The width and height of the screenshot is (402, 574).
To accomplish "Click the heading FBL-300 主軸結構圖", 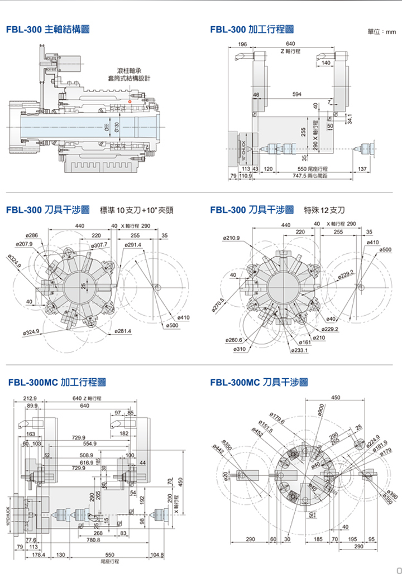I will click(x=48, y=30).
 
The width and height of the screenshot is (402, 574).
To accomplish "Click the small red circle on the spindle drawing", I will click(x=130, y=102).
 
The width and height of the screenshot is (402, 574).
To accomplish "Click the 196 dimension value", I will click(x=243, y=44).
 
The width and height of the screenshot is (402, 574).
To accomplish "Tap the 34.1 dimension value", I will click(x=349, y=119).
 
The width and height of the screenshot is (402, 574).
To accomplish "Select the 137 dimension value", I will click(x=362, y=168).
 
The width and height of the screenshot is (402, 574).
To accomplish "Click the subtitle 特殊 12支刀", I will click(x=324, y=210).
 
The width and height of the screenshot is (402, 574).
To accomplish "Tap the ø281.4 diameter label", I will click(x=122, y=331).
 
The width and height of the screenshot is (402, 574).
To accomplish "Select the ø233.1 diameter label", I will click(x=299, y=350).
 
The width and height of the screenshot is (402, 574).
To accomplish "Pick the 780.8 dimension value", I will click(x=93, y=540).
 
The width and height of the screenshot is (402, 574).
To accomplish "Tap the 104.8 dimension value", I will click(x=157, y=556).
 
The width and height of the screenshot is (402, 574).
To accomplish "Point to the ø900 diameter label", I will click(x=320, y=410).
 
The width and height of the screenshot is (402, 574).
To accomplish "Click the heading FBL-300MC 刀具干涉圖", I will click(x=260, y=383).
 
